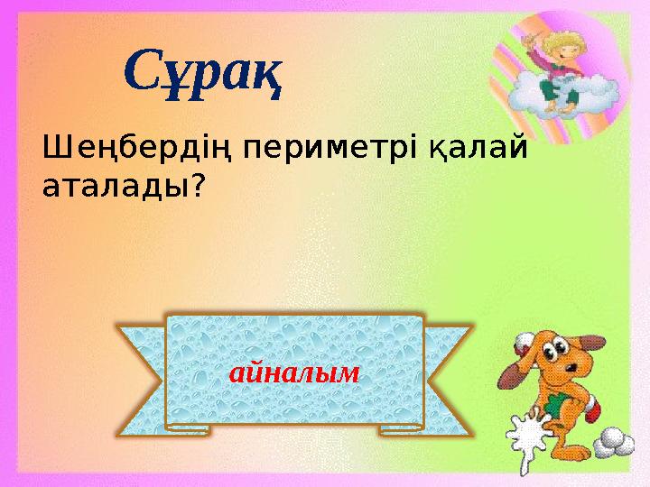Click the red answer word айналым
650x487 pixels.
pos(294,371)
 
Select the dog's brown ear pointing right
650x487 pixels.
pos(609,355)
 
